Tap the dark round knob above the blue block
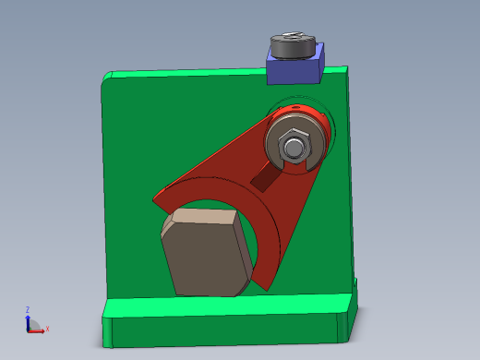pyautogui.click(x=293, y=46)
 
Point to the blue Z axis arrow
pyautogui.click(x=28, y=318)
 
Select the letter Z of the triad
pyautogui.click(x=28, y=309)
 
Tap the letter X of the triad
pyautogui.click(x=47, y=329)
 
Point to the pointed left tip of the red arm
pyautogui.click(x=156, y=197)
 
